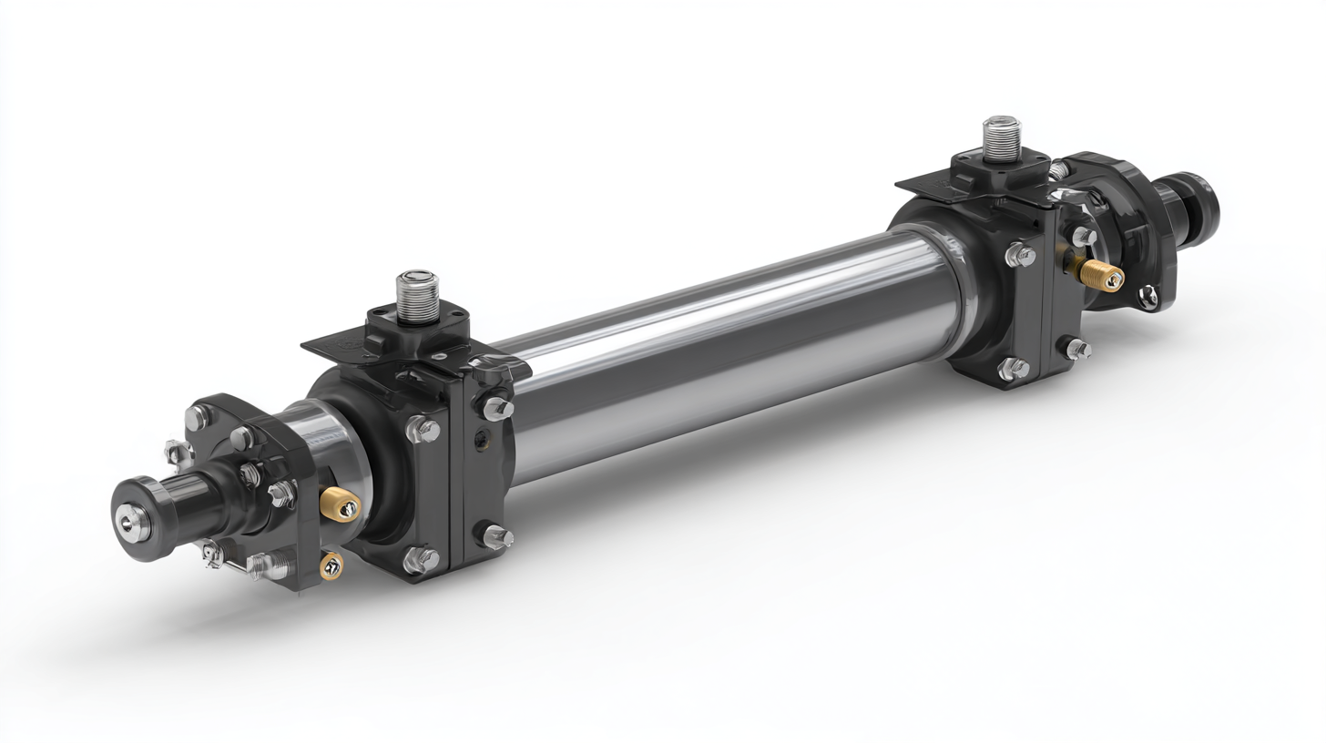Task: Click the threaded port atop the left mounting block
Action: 417,293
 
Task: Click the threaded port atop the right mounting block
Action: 1001,137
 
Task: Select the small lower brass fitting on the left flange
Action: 331,565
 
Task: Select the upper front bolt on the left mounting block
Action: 423,429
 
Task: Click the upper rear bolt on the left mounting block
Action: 497,408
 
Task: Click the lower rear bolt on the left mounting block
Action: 496,536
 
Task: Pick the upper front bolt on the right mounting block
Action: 1019,256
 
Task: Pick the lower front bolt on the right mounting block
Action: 1013,369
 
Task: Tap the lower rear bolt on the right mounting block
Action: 1078,348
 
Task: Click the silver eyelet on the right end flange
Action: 1149,293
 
